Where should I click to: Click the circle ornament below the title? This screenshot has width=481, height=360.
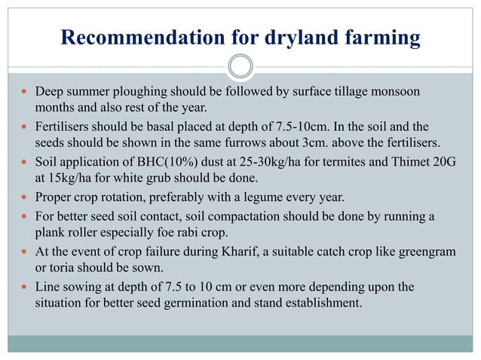point(240,66)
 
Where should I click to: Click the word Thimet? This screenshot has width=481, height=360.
point(406,162)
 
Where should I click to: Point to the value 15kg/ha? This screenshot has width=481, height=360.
point(75,178)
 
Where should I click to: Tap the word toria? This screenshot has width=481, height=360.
point(66,268)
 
